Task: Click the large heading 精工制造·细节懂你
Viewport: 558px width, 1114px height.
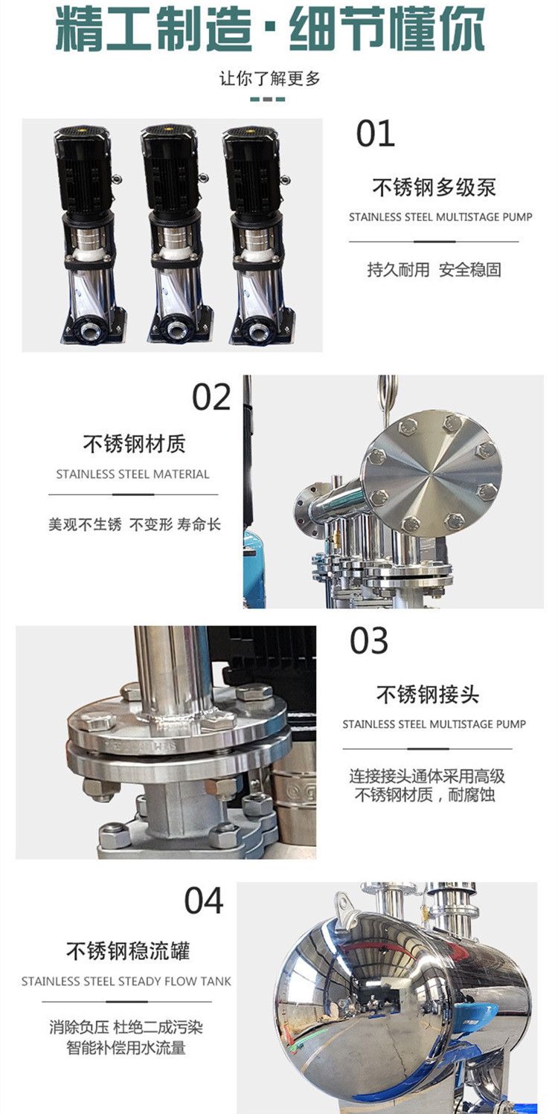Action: pos(270,28)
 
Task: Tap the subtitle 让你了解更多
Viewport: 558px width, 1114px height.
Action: pos(270,79)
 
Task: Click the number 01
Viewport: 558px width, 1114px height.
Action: pos(375,134)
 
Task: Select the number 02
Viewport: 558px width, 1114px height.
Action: pos(211,397)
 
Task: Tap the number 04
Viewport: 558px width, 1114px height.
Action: pos(204,901)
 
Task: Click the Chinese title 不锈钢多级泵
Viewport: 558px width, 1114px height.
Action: pos(434,187)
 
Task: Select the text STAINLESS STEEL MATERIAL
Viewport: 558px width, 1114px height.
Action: pos(133,474)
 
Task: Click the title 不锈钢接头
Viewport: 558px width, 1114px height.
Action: pos(428,695)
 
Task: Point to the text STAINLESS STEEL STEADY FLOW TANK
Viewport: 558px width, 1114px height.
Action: pos(126,981)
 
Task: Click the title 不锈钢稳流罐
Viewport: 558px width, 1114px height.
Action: pos(128,950)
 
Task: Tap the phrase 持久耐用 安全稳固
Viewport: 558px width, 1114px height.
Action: pos(434,269)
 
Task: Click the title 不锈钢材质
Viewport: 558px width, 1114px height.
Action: pos(135,444)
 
